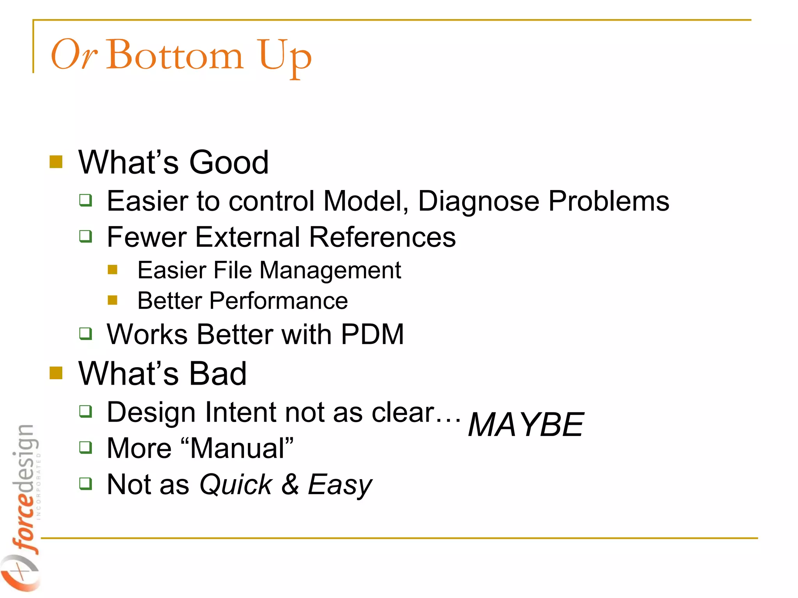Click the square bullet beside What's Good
coord(56,162)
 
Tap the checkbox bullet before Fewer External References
coord(86,236)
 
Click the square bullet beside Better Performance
coord(113,300)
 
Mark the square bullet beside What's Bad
coord(56,373)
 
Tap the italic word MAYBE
coord(526,425)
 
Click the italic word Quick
coord(236,485)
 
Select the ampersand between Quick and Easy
coord(290,485)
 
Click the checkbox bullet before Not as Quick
coord(86,484)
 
